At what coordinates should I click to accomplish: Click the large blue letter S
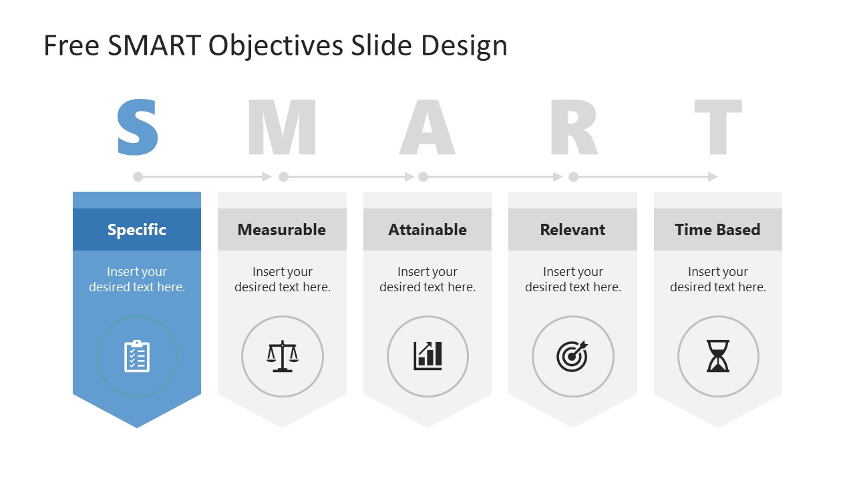pyautogui.click(x=138, y=127)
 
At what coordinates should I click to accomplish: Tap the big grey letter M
pyautogui.click(x=282, y=127)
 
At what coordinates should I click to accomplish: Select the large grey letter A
pyautogui.click(x=427, y=127)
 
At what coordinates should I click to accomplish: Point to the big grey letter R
pyautogui.click(x=573, y=127)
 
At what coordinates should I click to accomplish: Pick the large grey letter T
pyautogui.click(x=718, y=127)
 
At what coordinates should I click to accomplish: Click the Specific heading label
pyautogui.click(x=137, y=230)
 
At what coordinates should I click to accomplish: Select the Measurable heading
pyautogui.click(x=282, y=230)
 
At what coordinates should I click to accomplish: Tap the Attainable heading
pyautogui.click(x=427, y=230)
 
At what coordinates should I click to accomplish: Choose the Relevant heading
pyautogui.click(x=572, y=230)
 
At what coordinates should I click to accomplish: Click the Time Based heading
pyautogui.click(x=717, y=230)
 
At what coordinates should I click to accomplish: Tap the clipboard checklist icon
pyautogui.click(x=137, y=356)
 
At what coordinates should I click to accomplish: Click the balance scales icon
pyautogui.click(x=283, y=356)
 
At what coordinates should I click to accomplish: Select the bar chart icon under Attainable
pyautogui.click(x=427, y=356)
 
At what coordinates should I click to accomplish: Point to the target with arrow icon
pyautogui.click(x=572, y=356)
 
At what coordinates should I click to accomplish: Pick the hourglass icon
pyautogui.click(x=718, y=356)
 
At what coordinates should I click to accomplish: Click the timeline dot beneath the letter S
pyautogui.click(x=138, y=177)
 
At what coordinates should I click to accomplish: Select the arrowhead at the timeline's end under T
pyautogui.click(x=713, y=177)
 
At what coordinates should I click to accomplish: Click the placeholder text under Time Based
pyautogui.click(x=718, y=279)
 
